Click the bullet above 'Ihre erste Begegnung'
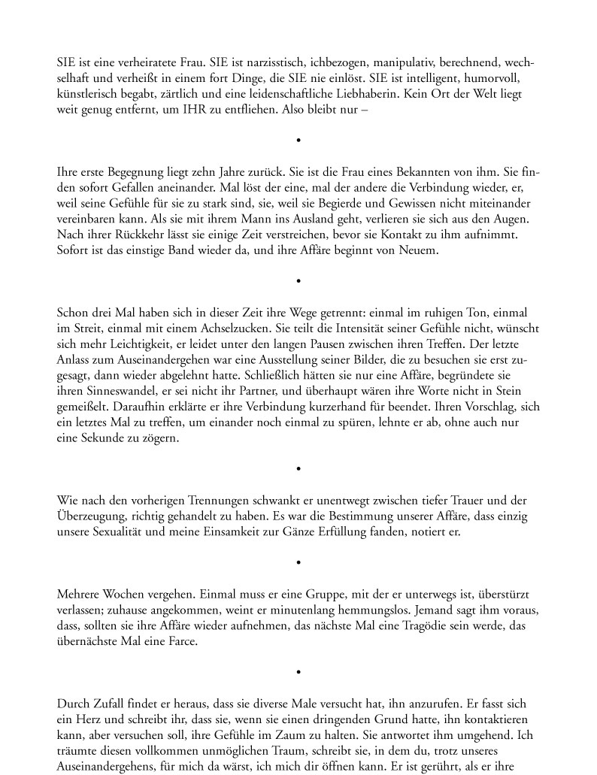[x=298, y=141]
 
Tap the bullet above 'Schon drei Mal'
[x=298, y=281]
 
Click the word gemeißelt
[x=81, y=407]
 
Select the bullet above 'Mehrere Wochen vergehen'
[x=298, y=562]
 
